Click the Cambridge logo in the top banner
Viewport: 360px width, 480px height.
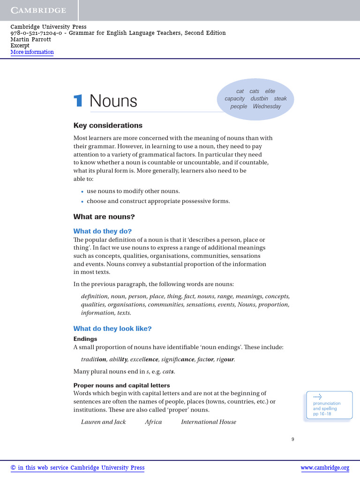38,10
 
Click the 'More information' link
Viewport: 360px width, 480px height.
32,52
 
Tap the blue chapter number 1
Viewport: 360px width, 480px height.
78,101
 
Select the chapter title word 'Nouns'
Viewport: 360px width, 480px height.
113,101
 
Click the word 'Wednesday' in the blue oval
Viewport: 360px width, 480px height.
267,106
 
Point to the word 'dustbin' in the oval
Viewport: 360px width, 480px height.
259,99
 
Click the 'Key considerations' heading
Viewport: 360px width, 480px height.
108,126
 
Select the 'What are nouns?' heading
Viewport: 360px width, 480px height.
104,217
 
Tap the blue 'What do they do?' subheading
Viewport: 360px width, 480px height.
103,231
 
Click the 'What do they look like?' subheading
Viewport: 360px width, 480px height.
112,329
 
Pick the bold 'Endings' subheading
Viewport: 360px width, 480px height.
85,338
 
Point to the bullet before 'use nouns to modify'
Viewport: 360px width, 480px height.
82,192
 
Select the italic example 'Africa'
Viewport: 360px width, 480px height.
153,422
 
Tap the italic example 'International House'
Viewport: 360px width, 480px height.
209,422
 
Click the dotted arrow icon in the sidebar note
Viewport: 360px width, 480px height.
317,397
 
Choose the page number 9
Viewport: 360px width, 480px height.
292,439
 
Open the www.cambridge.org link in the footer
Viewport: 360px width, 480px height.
324,468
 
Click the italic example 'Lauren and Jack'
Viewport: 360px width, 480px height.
104,422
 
